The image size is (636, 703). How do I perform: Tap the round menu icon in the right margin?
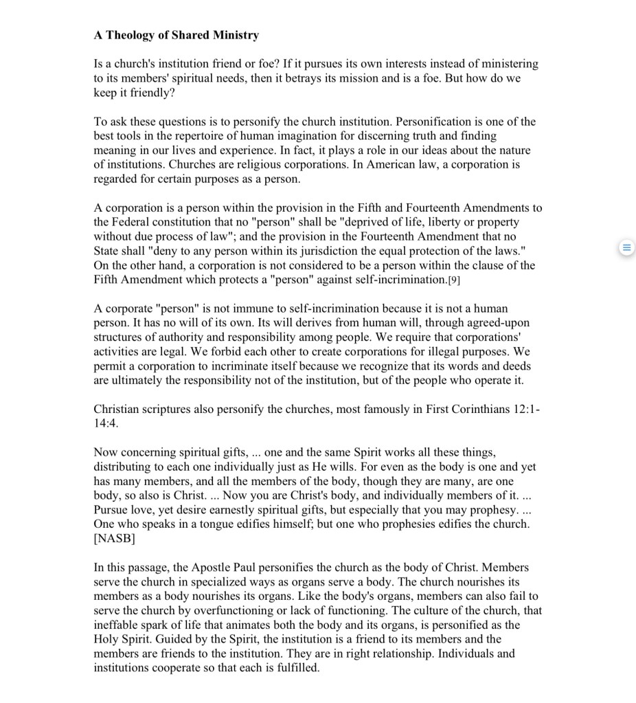pyautogui.click(x=626, y=247)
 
